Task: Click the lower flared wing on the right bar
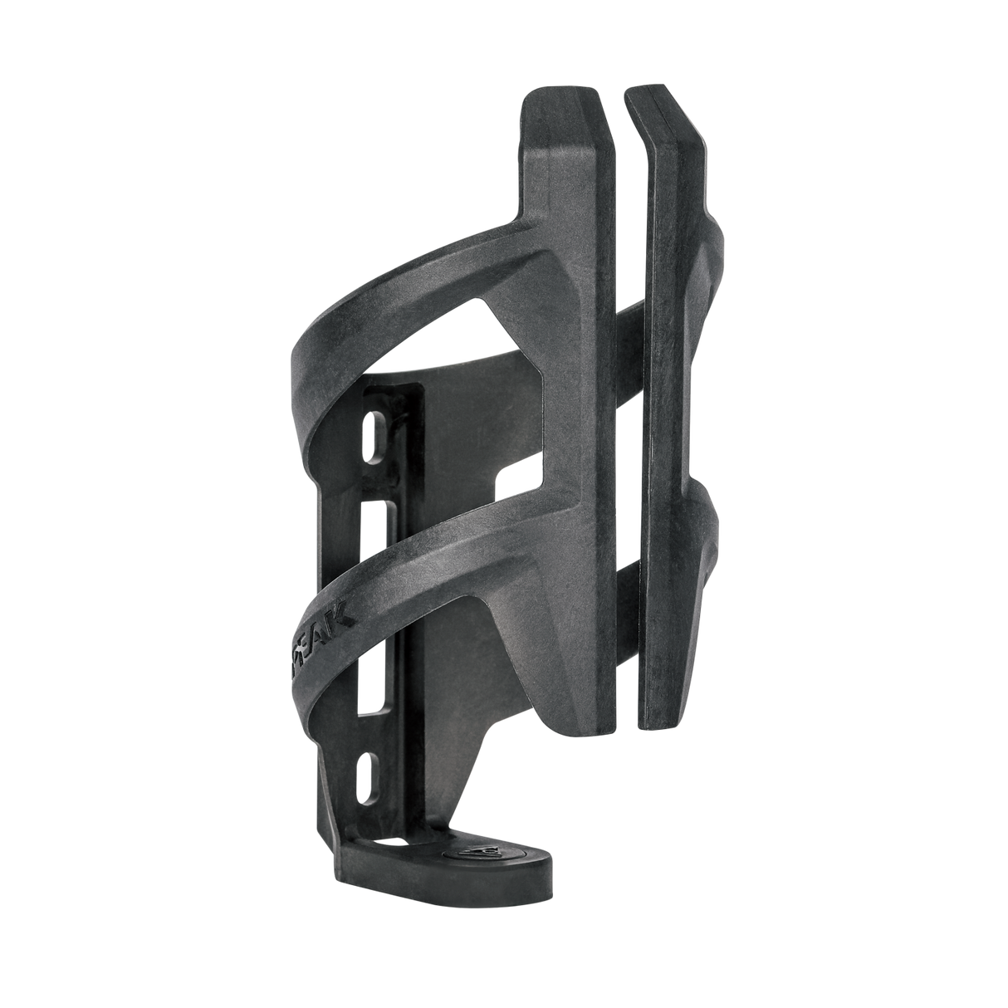(x=710, y=531)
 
